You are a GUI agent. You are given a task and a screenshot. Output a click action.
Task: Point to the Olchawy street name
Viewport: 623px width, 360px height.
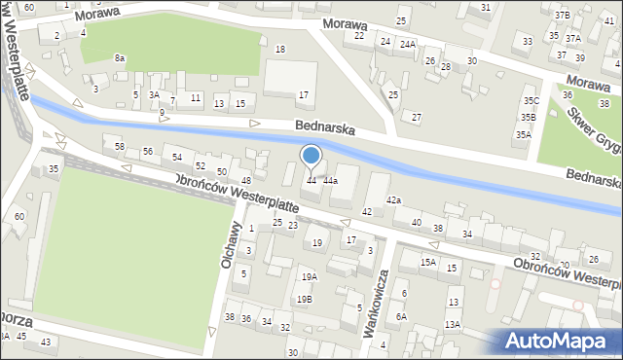pyautogui.click(x=233, y=244)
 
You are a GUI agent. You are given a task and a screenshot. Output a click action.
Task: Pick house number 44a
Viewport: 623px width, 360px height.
pyautogui.click(x=331, y=181)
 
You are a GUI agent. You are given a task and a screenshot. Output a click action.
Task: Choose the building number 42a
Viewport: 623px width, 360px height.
pyautogui.click(x=393, y=199)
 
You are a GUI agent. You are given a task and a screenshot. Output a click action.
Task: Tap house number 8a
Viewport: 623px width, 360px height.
pyautogui.click(x=119, y=58)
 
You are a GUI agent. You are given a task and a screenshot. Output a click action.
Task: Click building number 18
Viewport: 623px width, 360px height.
pyautogui.click(x=280, y=49)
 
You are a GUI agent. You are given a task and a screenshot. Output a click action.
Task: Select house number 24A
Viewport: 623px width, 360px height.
pyautogui.click(x=407, y=44)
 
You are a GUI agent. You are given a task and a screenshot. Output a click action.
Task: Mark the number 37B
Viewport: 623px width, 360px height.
pyautogui.click(x=563, y=16)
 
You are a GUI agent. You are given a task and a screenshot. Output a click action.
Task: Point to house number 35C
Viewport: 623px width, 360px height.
pyautogui.click(x=530, y=100)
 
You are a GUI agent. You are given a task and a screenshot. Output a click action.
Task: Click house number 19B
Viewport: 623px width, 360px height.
pyautogui.click(x=305, y=299)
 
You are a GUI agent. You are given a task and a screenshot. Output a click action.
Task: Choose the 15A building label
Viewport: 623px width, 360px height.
pyautogui.click(x=427, y=262)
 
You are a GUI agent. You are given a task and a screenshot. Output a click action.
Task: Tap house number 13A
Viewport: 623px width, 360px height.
pyautogui.click(x=453, y=325)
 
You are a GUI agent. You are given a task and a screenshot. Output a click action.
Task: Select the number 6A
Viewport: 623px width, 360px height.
pyautogui.click(x=401, y=316)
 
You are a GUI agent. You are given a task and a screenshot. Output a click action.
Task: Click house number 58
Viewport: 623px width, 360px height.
pyautogui.click(x=120, y=146)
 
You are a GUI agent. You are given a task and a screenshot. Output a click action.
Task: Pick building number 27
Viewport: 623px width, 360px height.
pyautogui.click(x=417, y=117)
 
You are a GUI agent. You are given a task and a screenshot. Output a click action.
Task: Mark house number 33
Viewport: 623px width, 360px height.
pyautogui.click(x=528, y=41)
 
